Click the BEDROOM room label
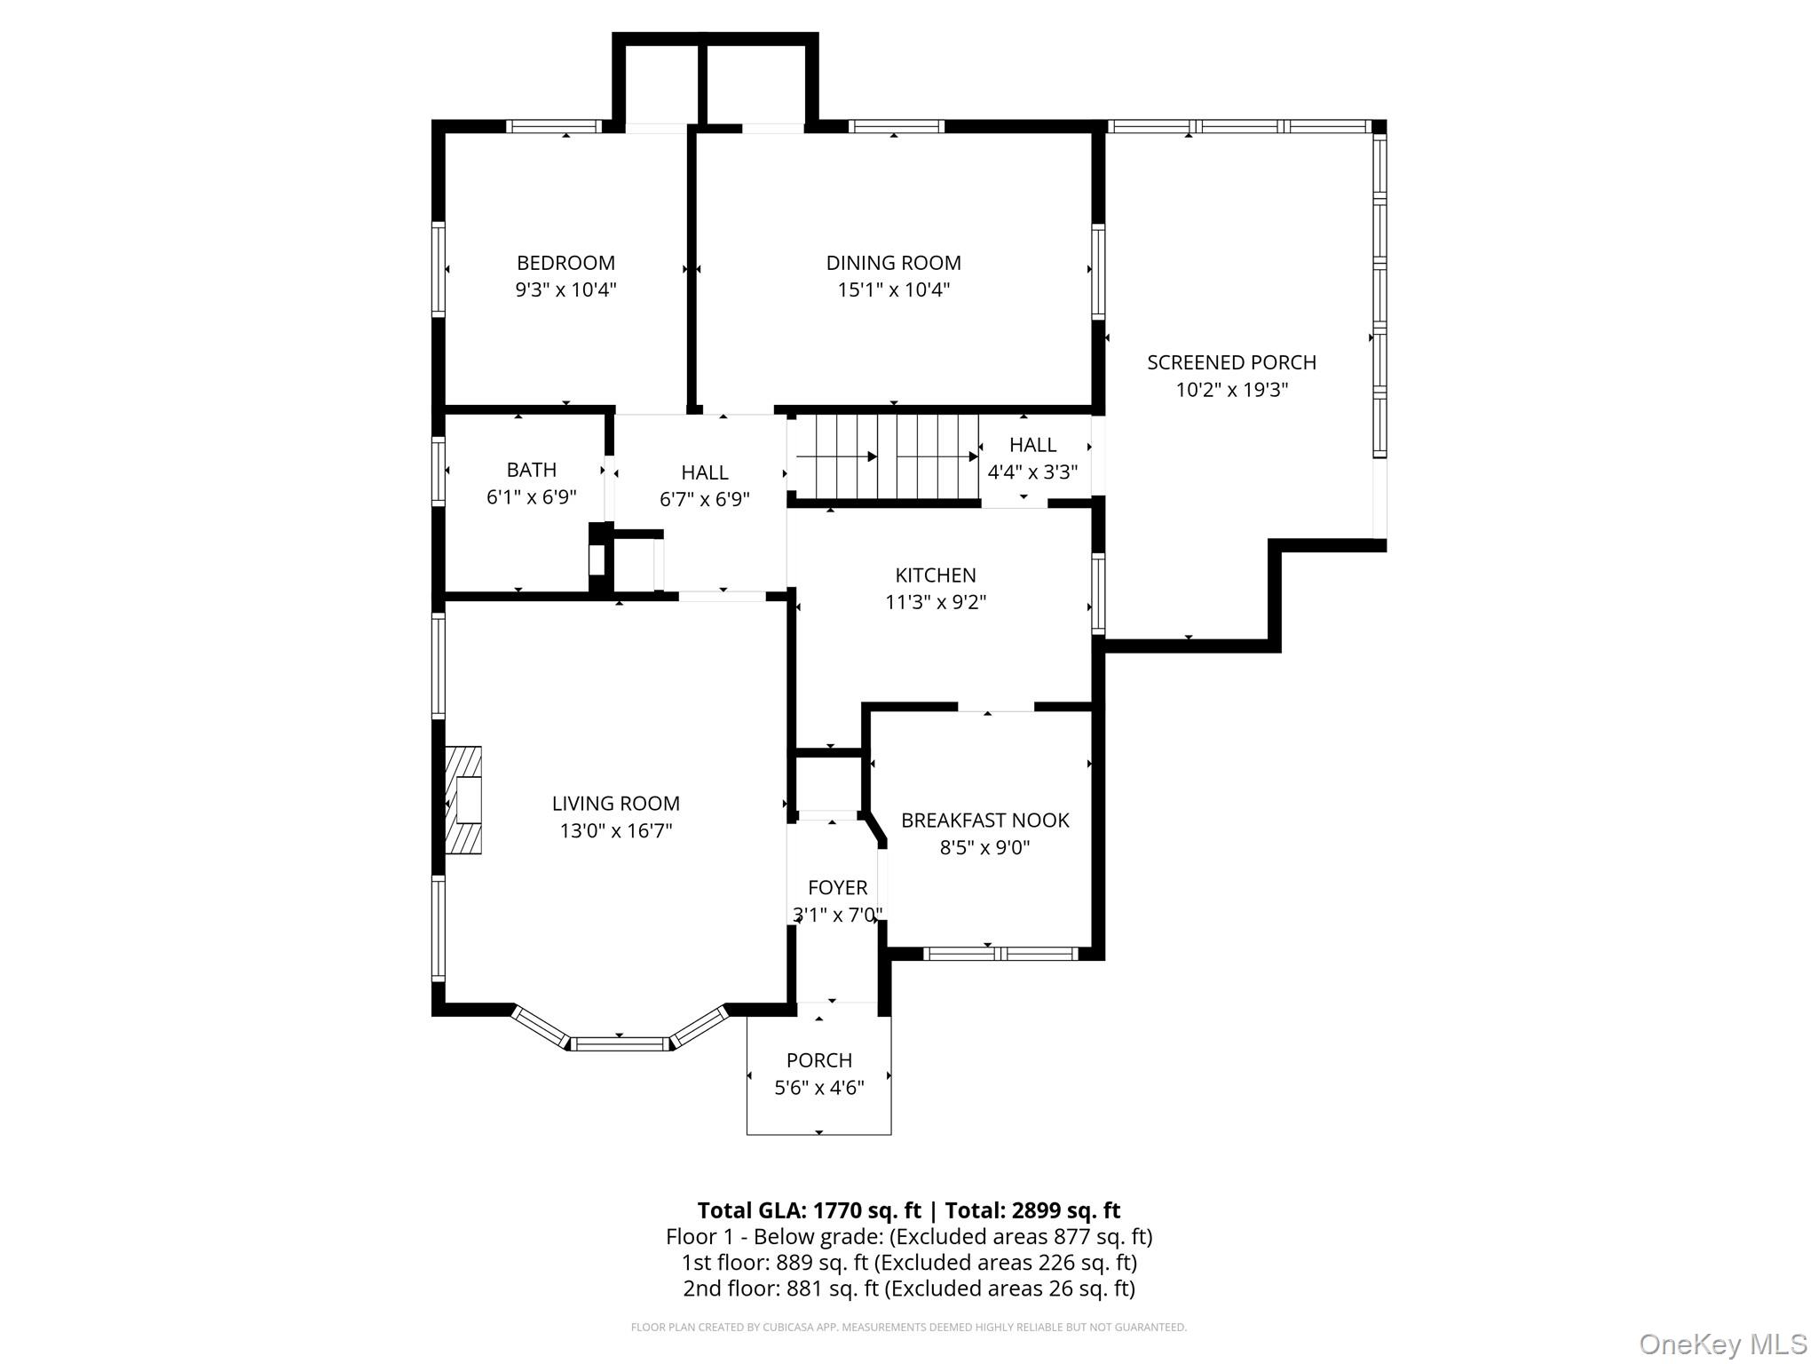pyautogui.click(x=565, y=263)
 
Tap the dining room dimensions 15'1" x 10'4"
pyautogui.click(x=893, y=289)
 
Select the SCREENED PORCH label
pyautogui.click(x=1231, y=362)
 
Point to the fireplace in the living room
pyautogui.click(x=463, y=800)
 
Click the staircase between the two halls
pyautogui.click(x=884, y=456)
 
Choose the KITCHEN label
pyautogui.click(x=935, y=575)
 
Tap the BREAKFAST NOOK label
pyautogui.click(x=984, y=820)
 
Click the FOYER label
pyautogui.click(x=837, y=887)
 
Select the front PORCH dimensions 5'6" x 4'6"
pyautogui.click(x=818, y=1088)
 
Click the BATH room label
pyautogui.click(x=531, y=469)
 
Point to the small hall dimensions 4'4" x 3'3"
pyautogui.click(x=1032, y=472)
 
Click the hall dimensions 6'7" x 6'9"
pyautogui.click(x=704, y=499)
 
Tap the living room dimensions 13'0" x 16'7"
pyautogui.click(x=615, y=830)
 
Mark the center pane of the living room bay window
pyautogui.click(x=619, y=1043)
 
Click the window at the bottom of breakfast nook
pyautogui.click(x=1000, y=954)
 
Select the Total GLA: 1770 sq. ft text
pyautogui.click(x=809, y=1210)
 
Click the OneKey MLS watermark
pyautogui.click(x=1722, y=1343)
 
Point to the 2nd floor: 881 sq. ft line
pyautogui.click(x=908, y=1288)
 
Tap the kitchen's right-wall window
pyautogui.click(x=1098, y=593)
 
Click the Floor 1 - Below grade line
pyautogui.click(x=908, y=1236)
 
